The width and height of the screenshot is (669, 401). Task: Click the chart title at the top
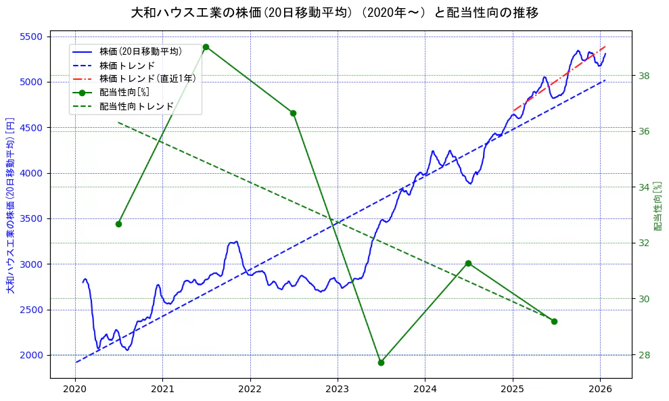(x=334, y=12)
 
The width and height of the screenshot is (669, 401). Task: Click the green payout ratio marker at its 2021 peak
(x=206, y=47)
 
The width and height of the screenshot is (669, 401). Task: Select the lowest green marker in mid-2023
(x=381, y=362)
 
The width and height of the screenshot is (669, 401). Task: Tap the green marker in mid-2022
(x=293, y=113)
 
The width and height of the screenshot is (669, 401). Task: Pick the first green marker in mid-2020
(x=118, y=224)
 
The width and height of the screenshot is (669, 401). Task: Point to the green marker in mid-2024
(x=468, y=263)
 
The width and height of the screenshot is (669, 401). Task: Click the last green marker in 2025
(x=554, y=321)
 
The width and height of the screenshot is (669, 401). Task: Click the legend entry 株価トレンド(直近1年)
(x=147, y=78)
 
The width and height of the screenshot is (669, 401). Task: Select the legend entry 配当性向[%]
(x=124, y=92)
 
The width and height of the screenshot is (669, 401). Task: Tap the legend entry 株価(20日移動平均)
(x=140, y=51)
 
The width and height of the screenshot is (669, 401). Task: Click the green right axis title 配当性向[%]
(x=658, y=206)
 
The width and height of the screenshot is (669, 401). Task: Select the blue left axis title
(x=10, y=206)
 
